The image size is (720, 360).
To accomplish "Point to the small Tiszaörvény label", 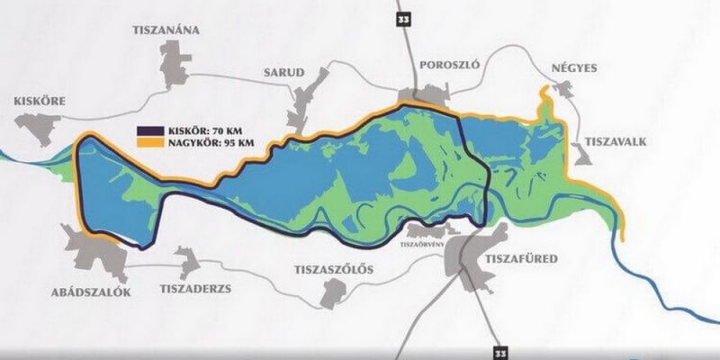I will [423, 242].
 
